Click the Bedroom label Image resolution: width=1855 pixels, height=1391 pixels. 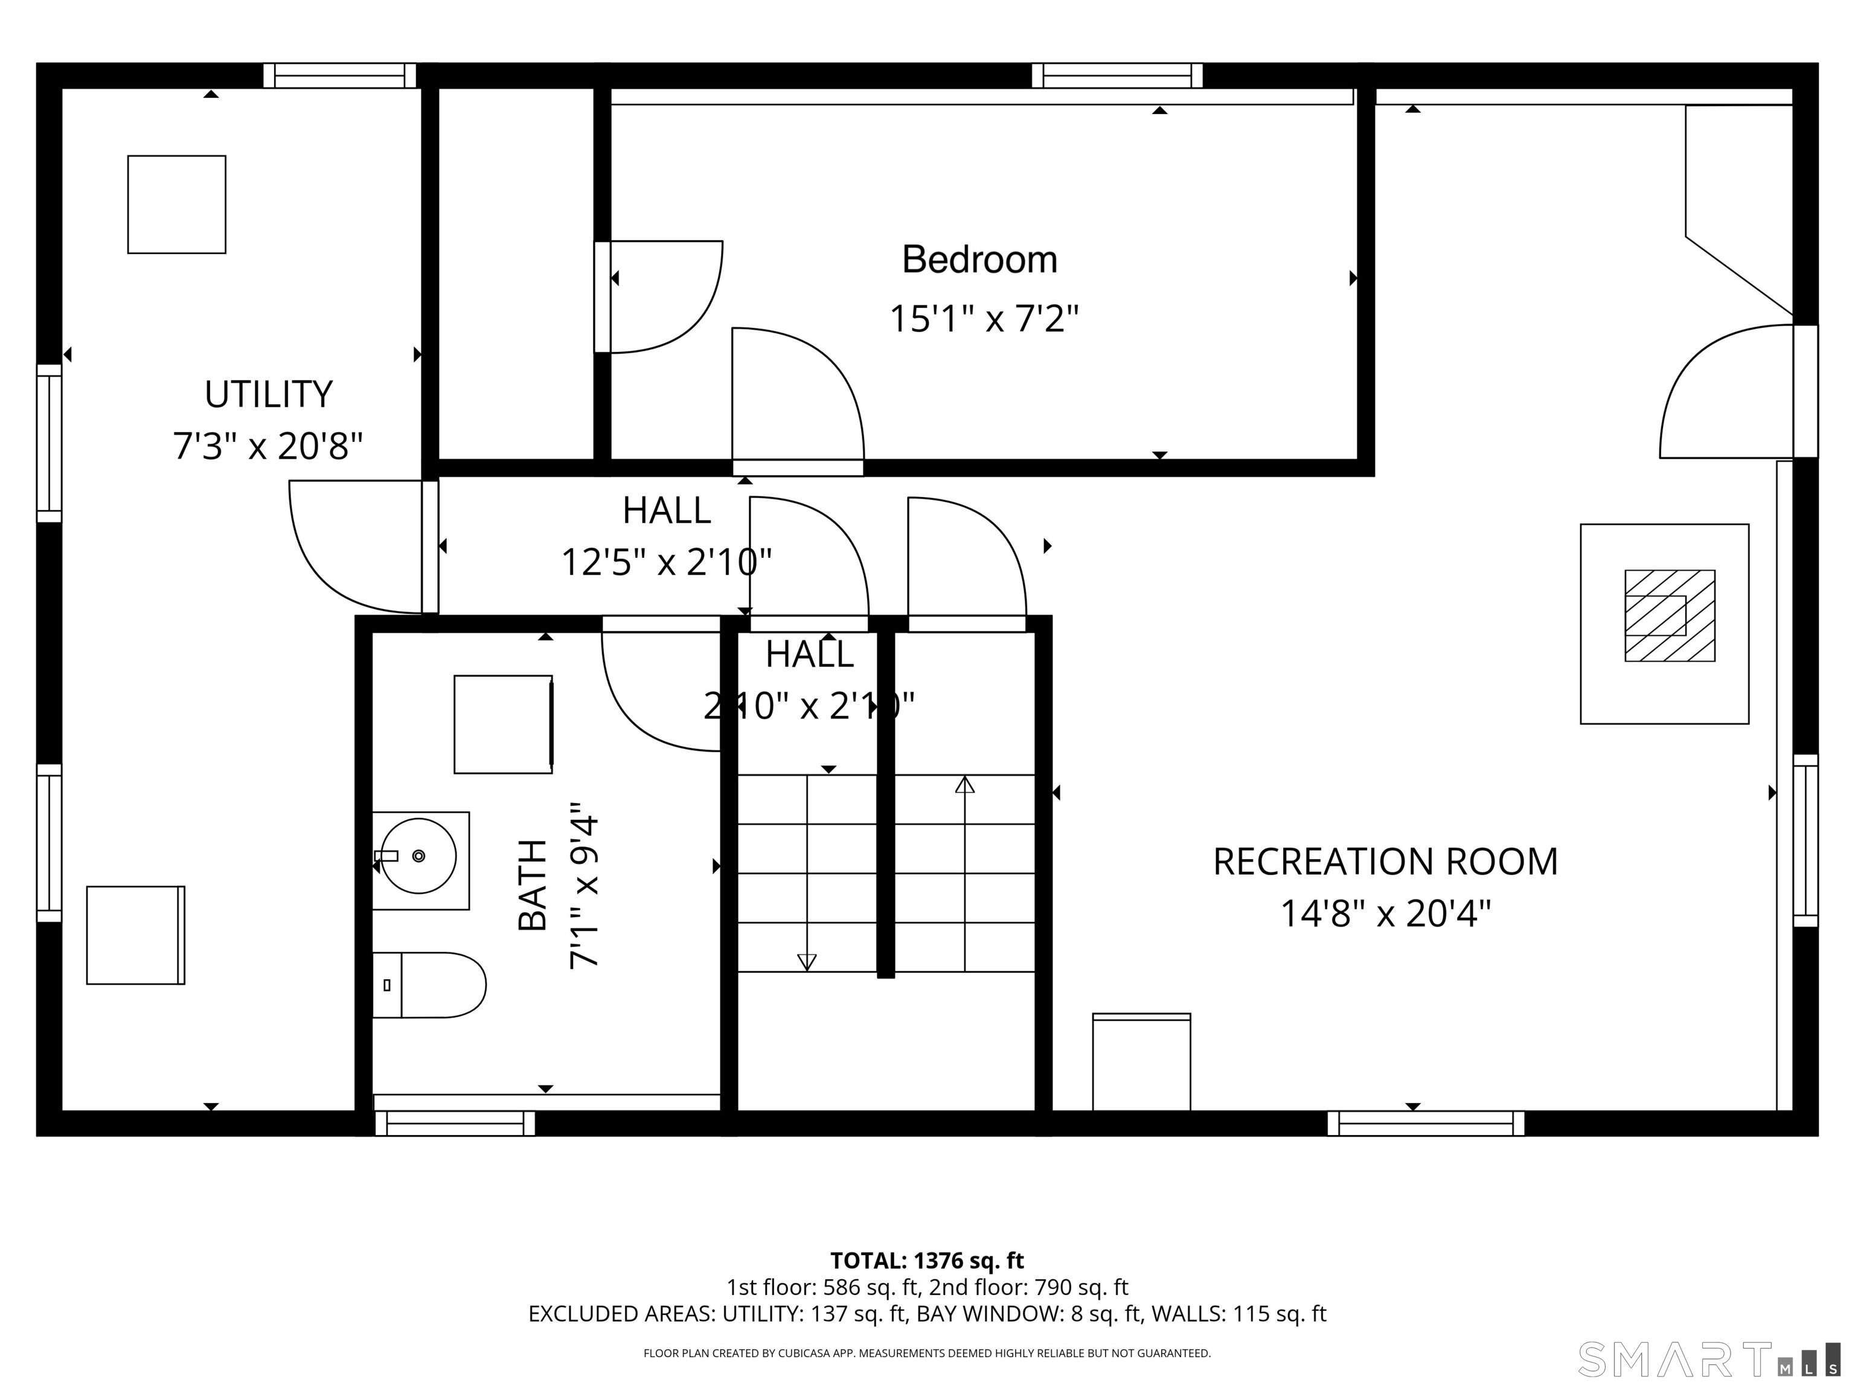coord(979,260)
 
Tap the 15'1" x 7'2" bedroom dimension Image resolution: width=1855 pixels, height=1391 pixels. coord(983,319)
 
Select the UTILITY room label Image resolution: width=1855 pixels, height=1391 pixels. coord(268,394)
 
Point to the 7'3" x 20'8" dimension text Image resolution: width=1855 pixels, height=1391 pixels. coord(268,446)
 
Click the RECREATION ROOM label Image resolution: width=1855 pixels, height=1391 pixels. coord(1385,862)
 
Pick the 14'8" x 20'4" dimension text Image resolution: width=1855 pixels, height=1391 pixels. coord(1385,914)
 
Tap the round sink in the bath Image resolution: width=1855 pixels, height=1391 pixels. coord(418,856)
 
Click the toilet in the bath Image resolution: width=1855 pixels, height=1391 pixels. coord(432,985)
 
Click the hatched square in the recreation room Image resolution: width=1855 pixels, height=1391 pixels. coord(1670,615)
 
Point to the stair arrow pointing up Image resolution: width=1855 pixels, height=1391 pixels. coord(964,785)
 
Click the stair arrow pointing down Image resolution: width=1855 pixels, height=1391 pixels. coord(807,962)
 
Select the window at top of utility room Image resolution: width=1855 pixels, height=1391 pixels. coord(339,75)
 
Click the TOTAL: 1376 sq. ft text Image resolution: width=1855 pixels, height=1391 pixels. coord(927,1260)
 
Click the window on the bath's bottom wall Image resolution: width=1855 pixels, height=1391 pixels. coord(455,1123)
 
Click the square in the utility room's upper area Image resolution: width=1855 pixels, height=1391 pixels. coord(176,203)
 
